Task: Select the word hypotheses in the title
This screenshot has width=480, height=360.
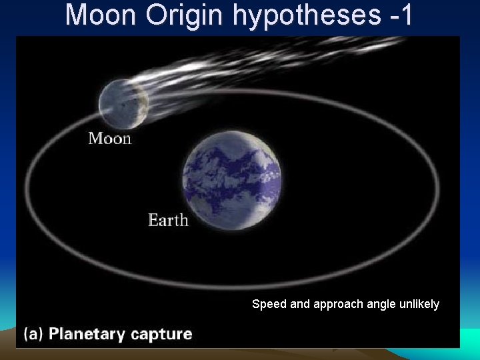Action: tap(310, 16)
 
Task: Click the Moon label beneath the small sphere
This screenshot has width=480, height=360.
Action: tap(110, 139)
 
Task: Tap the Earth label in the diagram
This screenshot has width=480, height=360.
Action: tap(168, 220)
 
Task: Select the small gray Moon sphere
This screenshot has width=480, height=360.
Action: tap(122, 104)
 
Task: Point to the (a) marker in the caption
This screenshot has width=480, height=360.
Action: tap(33, 334)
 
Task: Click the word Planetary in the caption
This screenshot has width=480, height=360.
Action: tap(88, 334)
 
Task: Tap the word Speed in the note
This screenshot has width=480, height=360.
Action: tap(269, 304)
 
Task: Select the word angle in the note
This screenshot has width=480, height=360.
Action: tap(380, 305)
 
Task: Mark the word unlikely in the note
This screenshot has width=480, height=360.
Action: tap(419, 304)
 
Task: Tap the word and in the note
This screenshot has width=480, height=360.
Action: tap(301, 304)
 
